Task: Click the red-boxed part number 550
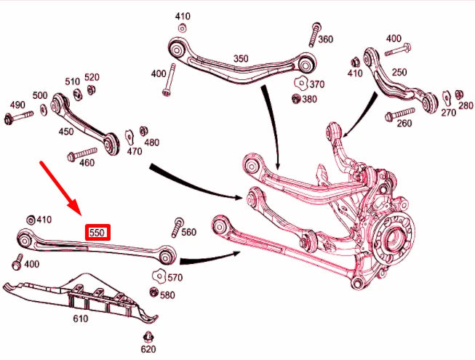coord(97,233)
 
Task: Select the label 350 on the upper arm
coord(240,59)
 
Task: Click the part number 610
coord(80,319)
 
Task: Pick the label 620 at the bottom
coord(148,349)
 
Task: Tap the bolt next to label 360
coord(315,32)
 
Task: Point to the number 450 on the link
coord(66,132)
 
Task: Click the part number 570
coord(175,278)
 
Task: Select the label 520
coord(92,77)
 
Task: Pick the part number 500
coord(40,96)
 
